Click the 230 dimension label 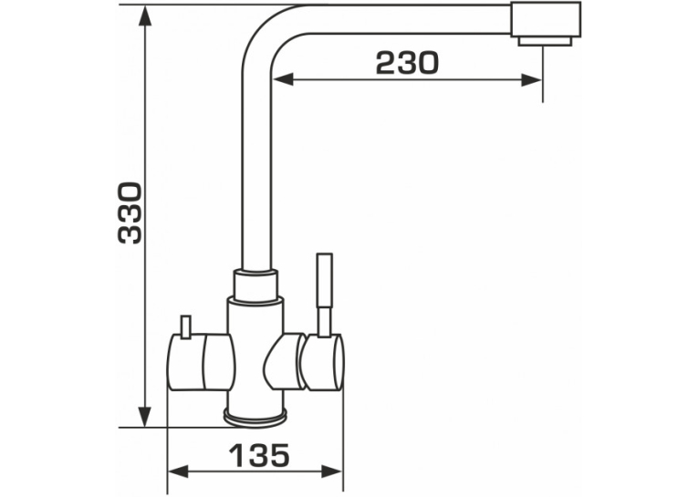[x=407, y=63]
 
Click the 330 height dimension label [x=130, y=212]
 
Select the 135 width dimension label [x=259, y=456]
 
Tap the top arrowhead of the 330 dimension [x=144, y=16]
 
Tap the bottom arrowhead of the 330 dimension [x=144, y=417]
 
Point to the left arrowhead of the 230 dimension [x=283, y=80]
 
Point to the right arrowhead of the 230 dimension [x=532, y=80]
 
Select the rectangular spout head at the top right [x=546, y=20]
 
